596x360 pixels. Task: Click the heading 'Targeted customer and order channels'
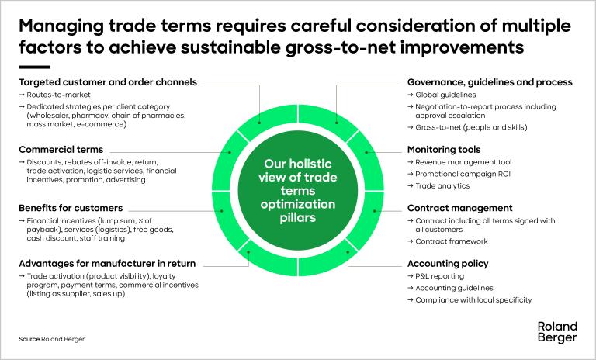108,82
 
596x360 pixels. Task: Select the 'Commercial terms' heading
61,150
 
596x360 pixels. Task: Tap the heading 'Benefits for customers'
71,208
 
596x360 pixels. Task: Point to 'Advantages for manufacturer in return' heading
107,264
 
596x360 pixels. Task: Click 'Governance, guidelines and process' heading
490,82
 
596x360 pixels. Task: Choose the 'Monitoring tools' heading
444,150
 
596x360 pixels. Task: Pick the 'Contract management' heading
460,208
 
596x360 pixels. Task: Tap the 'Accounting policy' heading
448,264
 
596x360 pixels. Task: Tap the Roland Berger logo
557,332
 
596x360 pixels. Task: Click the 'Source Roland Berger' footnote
52,339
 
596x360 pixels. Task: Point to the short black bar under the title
34,67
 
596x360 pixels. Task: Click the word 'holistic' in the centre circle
310,164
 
